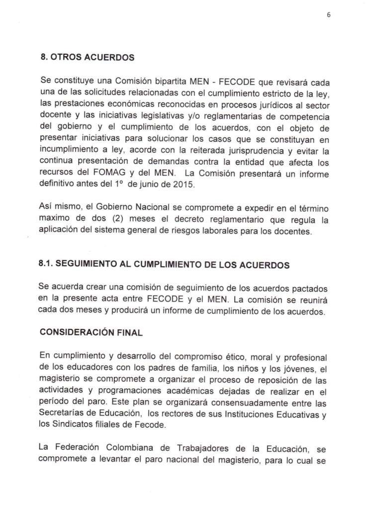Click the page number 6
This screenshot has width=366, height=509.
329,15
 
